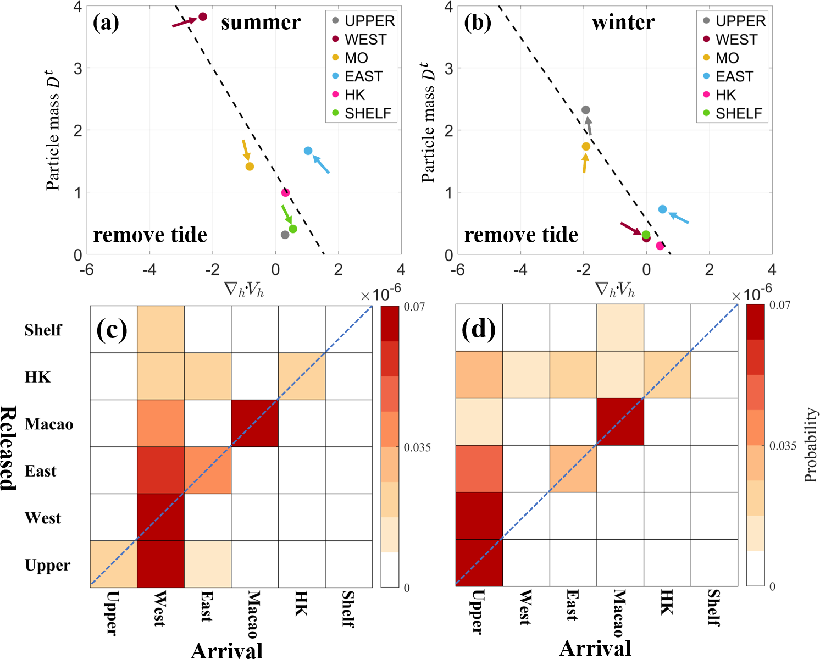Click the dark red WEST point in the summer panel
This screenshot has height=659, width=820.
coord(202,16)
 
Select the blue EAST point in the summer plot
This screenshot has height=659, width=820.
coord(308,151)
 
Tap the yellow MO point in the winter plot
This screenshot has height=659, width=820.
coord(586,146)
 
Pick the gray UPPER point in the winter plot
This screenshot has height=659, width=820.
coord(586,110)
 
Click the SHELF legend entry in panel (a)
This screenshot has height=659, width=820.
coord(362,113)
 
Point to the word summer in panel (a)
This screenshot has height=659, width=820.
coord(261,23)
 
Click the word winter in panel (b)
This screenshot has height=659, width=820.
coord(623,23)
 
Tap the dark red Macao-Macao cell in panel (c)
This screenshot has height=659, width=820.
coord(254,423)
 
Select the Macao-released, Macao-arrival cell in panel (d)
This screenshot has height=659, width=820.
coord(620,422)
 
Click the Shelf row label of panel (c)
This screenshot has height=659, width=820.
coord(43,330)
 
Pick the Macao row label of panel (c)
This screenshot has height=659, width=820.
coord(49,424)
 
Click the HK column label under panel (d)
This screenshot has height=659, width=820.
coord(667,602)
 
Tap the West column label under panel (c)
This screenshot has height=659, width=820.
coord(159,608)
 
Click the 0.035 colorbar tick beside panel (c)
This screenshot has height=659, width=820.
coord(417,447)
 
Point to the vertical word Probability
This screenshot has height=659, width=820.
coord(811,445)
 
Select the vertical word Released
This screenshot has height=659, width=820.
coord(9,447)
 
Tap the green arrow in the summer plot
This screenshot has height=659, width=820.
coord(286,214)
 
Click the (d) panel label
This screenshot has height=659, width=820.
coord(479,329)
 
